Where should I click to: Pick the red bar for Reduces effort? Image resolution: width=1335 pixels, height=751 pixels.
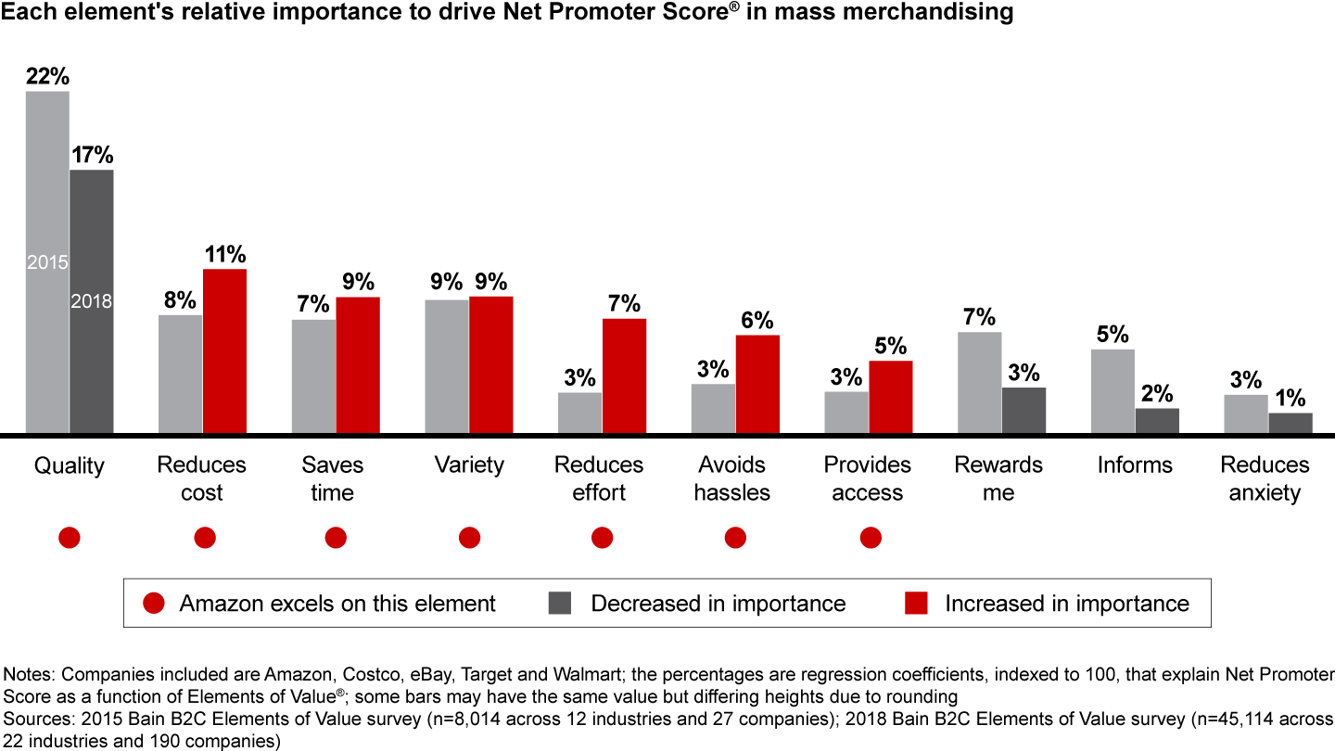[x=624, y=375]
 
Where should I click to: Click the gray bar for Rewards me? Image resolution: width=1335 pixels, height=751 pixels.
[x=979, y=382]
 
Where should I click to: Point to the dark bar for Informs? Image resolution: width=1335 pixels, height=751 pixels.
[x=1157, y=420]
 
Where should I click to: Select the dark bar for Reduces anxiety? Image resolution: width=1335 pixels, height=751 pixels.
[x=1290, y=423]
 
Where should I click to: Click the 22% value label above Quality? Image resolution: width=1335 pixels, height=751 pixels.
[x=47, y=77]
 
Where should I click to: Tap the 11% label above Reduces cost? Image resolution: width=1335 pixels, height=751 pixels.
[x=225, y=255]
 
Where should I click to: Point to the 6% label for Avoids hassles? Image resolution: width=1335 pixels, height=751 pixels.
[x=757, y=321]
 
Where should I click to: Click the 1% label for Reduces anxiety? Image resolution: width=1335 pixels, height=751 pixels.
[x=1290, y=399]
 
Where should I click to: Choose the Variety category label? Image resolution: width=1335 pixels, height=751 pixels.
[x=469, y=465]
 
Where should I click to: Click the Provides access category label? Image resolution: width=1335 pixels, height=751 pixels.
[x=868, y=478]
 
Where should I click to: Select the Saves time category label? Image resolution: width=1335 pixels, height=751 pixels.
[x=333, y=478]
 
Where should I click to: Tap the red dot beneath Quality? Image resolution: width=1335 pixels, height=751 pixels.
[x=69, y=538]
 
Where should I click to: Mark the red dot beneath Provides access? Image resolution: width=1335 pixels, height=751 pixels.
[x=870, y=538]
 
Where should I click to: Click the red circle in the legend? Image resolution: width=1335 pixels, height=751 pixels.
[x=154, y=604]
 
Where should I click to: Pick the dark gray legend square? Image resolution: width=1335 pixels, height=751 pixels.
[x=559, y=604]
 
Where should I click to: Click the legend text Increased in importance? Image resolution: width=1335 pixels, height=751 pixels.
[x=1066, y=604]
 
